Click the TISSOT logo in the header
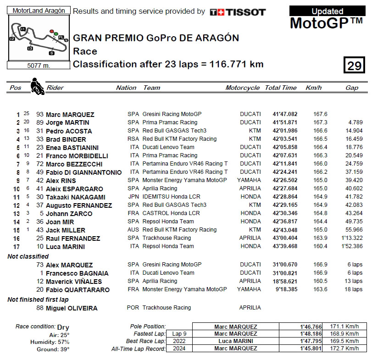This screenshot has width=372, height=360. pyautogui.click(x=237, y=12)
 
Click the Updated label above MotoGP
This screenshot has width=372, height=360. pyautogui.click(x=327, y=11)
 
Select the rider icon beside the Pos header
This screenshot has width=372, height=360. pyautogui.click(x=36, y=87)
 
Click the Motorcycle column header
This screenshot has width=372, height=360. pyautogui.click(x=242, y=88)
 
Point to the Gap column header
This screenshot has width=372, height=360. pyautogui.click(x=352, y=88)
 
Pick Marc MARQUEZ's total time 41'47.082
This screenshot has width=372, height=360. pyautogui.click(x=285, y=114)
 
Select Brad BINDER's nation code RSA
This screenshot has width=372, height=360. pyautogui.click(x=133, y=139)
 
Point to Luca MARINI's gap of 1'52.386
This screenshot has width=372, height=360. pyautogui.click(x=352, y=246)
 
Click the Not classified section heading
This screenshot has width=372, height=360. pyautogui.click(x=28, y=256)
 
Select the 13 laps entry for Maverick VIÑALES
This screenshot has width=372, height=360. pyautogui.click(x=354, y=281)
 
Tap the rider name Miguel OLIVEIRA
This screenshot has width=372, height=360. pyautogui.click(x=72, y=308)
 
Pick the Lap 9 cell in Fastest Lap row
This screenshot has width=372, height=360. pyautogui.click(x=178, y=334)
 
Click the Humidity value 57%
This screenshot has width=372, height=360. pyautogui.click(x=64, y=342)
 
